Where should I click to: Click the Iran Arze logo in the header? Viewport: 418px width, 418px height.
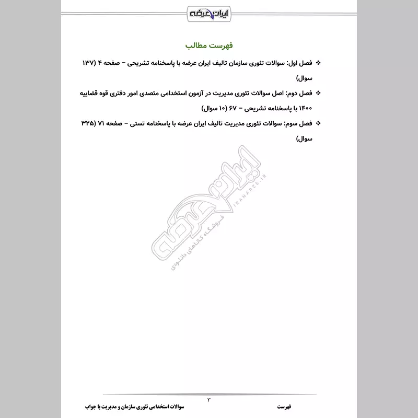[208, 12]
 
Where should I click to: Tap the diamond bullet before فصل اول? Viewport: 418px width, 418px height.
[319, 63]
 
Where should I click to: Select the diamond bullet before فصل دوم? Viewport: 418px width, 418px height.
[319, 93]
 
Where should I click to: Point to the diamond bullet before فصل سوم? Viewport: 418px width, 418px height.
[319, 124]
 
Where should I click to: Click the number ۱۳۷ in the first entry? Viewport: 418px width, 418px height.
[88, 63]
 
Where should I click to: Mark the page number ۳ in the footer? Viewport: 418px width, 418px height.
[208, 400]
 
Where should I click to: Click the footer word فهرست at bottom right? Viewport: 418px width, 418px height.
[285, 406]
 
